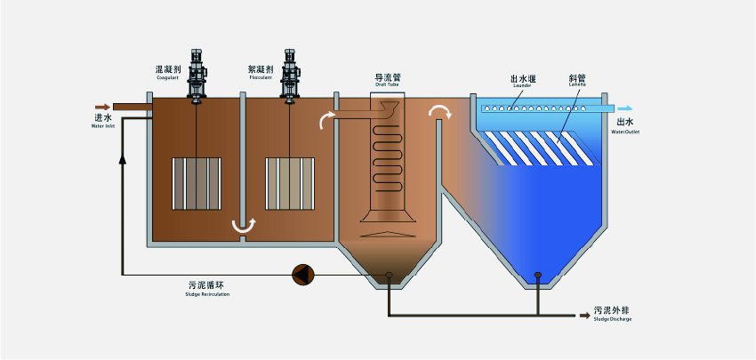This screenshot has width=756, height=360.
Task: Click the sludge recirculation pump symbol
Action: (x=302, y=275)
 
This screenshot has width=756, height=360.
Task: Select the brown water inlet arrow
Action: (x=100, y=105)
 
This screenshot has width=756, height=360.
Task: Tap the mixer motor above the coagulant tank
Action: (x=197, y=71)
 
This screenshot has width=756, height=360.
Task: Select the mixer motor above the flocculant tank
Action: (x=290, y=71)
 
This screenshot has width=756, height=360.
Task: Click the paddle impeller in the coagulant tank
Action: (x=196, y=184)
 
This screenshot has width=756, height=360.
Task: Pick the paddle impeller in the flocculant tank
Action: (x=290, y=184)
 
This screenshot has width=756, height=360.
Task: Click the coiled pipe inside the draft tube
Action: (x=386, y=156)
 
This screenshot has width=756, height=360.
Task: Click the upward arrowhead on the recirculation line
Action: (x=121, y=158)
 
